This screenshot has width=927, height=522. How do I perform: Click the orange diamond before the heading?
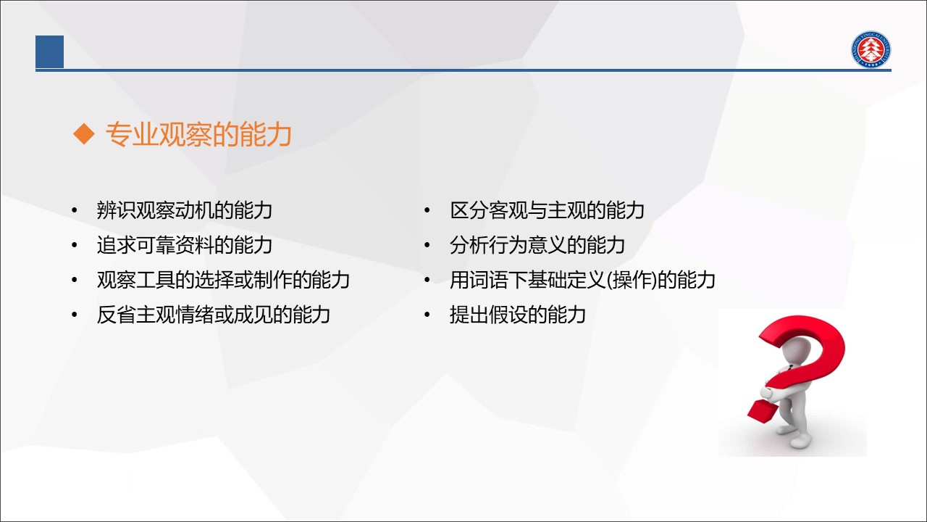click(x=83, y=134)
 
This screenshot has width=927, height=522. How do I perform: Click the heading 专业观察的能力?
click(x=198, y=135)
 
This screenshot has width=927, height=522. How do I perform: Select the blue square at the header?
click(x=50, y=51)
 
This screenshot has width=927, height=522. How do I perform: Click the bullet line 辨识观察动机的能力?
click(x=184, y=210)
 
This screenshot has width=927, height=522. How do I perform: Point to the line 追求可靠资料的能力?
click(x=184, y=245)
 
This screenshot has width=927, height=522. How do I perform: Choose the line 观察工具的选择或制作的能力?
click(x=223, y=280)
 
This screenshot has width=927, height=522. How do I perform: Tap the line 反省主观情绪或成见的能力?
click(x=213, y=315)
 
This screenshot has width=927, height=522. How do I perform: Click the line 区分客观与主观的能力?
click(x=547, y=210)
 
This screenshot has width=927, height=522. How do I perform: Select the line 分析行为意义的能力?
click(x=537, y=245)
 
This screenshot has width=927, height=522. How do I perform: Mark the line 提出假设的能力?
click(x=518, y=315)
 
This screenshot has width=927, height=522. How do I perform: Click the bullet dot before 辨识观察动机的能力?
click(x=75, y=210)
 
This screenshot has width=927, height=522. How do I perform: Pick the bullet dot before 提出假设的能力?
click(x=427, y=315)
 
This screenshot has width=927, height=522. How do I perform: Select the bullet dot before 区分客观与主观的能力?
click(x=427, y=210)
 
